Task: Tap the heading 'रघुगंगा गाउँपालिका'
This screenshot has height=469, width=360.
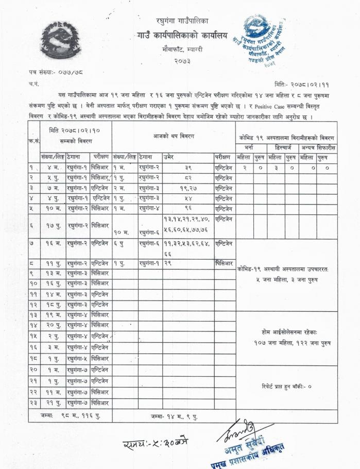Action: (x=182, y=21)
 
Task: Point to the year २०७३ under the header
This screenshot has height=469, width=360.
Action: (x=182, y=61)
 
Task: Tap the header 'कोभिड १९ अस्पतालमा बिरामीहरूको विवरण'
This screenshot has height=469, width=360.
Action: (x=286, y=138)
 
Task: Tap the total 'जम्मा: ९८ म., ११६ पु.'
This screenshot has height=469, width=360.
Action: (x=70, y=415)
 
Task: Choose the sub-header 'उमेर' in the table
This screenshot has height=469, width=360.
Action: (x=169, y=156)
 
